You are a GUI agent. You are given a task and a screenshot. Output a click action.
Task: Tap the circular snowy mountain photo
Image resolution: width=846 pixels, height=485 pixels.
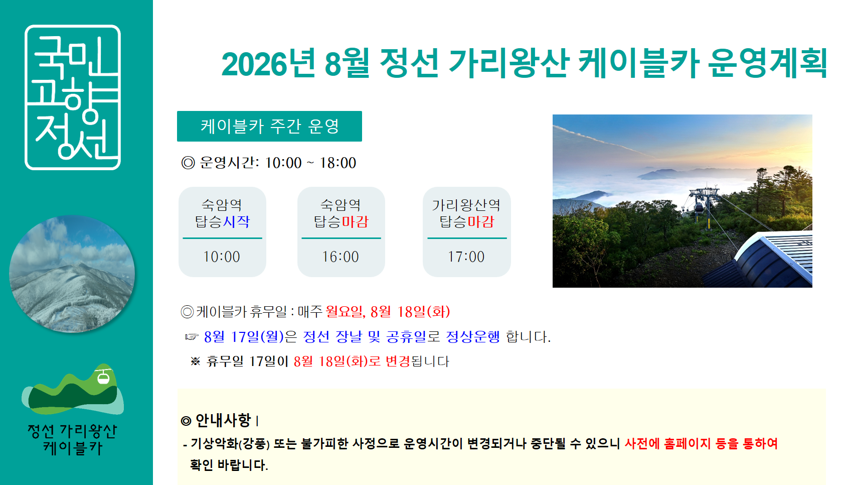tap(72, 274)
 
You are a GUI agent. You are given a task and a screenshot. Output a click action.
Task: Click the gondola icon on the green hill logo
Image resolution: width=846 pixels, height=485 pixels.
tap(103, 377)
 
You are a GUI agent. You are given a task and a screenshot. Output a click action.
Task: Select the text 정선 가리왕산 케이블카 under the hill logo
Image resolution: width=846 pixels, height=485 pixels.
tap(73, 439)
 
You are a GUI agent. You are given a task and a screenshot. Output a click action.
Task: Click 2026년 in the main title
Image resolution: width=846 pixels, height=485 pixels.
tap(268, 63)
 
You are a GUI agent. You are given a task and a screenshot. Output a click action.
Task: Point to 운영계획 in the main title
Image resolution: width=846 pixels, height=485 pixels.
tap(767, 63)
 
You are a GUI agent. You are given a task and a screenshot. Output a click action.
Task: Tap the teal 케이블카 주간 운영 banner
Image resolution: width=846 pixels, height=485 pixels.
tap(269, 126)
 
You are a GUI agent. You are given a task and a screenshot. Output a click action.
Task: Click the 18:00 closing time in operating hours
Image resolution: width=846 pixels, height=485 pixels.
tap(337, 163)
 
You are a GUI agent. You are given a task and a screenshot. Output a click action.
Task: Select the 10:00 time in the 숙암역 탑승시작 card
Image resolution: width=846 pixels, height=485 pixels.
tap(222, 257)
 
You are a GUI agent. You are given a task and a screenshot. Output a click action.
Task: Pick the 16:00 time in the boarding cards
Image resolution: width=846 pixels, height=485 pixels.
tap(341, 257)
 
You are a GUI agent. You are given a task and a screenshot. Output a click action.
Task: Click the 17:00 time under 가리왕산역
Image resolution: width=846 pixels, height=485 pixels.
tap(466, 257)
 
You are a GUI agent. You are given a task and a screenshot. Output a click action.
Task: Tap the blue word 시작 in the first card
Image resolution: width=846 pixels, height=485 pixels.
tap(236, 221)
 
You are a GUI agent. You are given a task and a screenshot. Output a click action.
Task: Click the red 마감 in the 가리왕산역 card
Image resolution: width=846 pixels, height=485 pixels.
tap(480, 221)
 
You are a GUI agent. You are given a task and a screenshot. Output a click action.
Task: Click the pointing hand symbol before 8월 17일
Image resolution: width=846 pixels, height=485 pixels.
tap(192, 336)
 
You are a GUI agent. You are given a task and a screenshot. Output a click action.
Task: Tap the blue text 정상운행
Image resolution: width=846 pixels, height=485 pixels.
tap(473, 336)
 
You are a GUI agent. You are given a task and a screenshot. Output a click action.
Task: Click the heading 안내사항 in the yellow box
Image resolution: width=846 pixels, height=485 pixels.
tap(223, 420)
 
